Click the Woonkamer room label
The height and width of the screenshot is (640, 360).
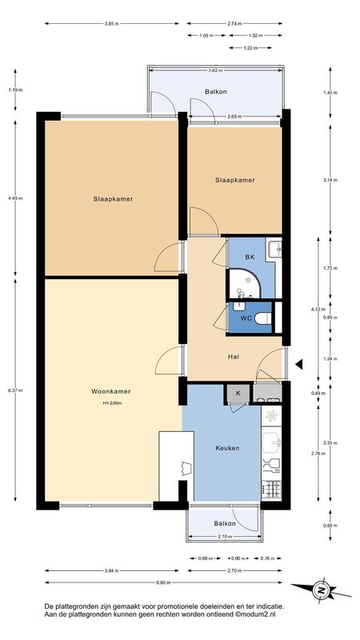point(110,391)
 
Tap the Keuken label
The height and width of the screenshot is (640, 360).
point(227,448)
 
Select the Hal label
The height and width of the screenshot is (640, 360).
point(234,356)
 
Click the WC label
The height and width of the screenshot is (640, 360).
point(246,318)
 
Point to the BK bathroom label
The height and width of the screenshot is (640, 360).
point(250,257)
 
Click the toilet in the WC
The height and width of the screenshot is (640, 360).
point(263,318)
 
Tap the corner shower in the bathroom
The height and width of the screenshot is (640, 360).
point(243,284)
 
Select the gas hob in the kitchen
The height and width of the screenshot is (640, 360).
point(271,490)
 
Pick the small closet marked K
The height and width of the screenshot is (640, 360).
point(238,394)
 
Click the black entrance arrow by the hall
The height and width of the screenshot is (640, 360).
point(299,364)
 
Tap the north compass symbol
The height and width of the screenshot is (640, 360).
point(322,590)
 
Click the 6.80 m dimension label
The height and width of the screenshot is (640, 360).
point(164,582)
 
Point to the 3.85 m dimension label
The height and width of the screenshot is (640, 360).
point(111,24)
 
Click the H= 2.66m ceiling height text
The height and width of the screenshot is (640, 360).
point(112,403)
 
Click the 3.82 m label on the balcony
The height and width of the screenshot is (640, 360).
point(215,70)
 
